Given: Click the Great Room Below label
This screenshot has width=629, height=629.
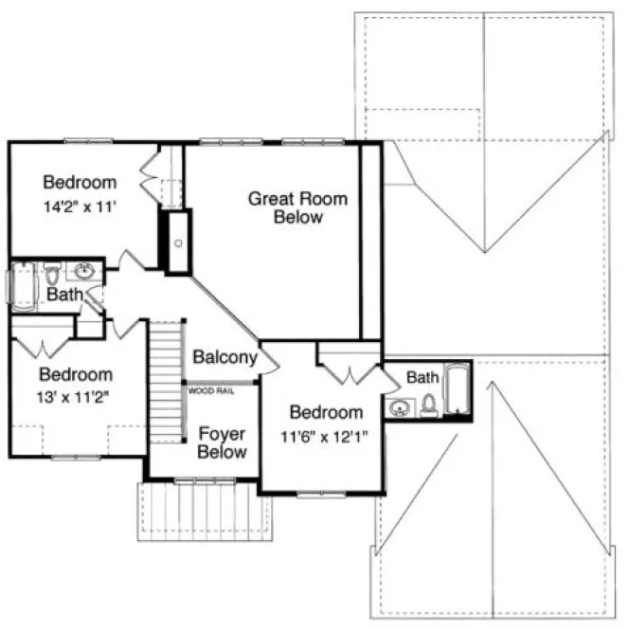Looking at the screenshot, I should coord(297,208).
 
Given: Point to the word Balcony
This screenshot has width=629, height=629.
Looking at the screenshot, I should coord(225,357).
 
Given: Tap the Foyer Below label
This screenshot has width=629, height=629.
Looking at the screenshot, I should coord(222,443).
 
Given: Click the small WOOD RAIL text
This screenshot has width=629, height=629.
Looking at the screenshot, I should coord(210,389).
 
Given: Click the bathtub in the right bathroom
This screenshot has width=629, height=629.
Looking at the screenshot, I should coord(457,392).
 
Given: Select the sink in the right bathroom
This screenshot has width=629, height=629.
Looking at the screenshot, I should coord(400,408).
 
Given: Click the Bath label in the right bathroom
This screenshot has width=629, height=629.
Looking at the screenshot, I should coord(422,378).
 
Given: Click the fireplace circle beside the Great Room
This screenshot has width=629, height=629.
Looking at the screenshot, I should coord(177,242).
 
